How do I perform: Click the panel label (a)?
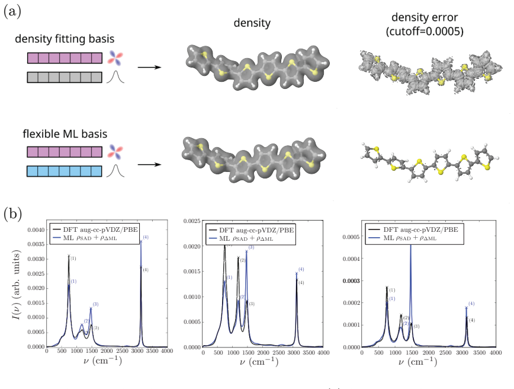12,12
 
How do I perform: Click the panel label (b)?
12,214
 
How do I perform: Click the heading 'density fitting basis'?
65,39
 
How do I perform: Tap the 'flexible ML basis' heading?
65,134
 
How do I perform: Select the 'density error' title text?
425,17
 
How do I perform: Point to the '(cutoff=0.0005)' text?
425,31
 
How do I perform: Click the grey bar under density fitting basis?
65,78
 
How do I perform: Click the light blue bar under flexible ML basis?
64,171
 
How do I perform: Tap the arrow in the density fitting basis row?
149,67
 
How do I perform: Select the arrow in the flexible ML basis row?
149,164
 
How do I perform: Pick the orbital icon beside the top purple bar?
115,58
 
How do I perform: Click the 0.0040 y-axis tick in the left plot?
36,230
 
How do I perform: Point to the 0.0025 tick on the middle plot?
192,221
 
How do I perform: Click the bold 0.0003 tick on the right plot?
351,281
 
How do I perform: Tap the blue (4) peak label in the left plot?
146,237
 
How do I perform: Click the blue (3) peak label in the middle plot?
251,247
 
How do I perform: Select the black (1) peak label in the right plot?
392,290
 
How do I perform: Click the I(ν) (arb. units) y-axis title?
17,285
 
